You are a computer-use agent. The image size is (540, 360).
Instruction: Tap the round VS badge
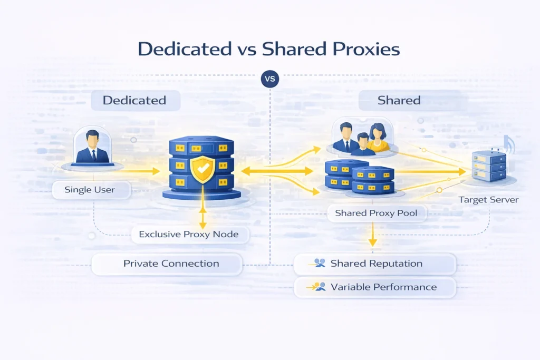pyautogui.click(x=270, y=79)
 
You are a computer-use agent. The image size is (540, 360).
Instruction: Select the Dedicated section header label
pyautogui.click(x=134, y=100)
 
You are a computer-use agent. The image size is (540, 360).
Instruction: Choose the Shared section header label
pyautogui.click(x=399, y=100)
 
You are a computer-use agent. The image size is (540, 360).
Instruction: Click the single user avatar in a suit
pyautogui.click(x=92, y=147)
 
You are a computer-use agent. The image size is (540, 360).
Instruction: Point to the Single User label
pyautogui.click(x=90, y=190)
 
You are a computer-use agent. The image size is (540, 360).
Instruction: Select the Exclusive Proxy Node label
pyautogui.click(x=189, y=235)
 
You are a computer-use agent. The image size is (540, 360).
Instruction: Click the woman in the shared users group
pyautogui.click(x=378, y=138)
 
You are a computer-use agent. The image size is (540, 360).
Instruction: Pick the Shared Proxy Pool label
pyautogui.click(x=376, y=213)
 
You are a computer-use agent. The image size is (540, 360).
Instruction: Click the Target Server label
pyautogui.click(x=488, y=200)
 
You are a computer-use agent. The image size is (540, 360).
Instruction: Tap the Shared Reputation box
pyautogui.click(x=375, y=264)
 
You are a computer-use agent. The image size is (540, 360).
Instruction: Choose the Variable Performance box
pyautogui.click(x=375, y=287)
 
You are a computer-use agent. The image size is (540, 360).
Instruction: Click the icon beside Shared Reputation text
pyautogui.click(x=319, y=263)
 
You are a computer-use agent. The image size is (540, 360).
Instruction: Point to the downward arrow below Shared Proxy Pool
pyautogui.click(x=372, y=235)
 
